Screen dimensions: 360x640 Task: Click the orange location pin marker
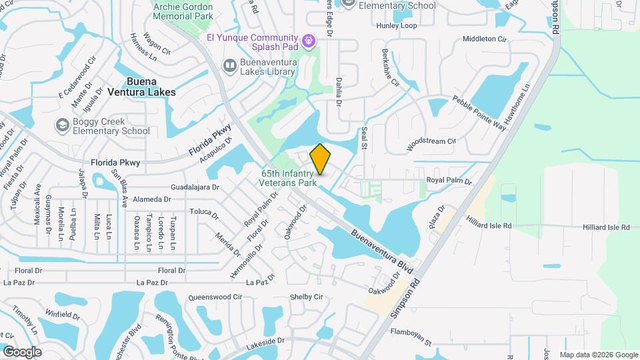point(321,159)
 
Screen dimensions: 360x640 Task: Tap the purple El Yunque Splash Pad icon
point(307,41)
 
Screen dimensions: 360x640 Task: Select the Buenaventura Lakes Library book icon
point(229,65)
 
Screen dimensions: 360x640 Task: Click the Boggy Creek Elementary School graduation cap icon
point(62,125)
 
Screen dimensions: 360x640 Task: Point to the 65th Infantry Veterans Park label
point(288,177)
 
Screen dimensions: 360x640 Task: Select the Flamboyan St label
point(411,336)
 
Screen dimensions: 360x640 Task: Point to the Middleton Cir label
point(484,39)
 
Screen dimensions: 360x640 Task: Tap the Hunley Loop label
point(396,25)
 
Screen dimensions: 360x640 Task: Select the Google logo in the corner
point(21,351)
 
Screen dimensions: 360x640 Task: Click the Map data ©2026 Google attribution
point(598,355)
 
